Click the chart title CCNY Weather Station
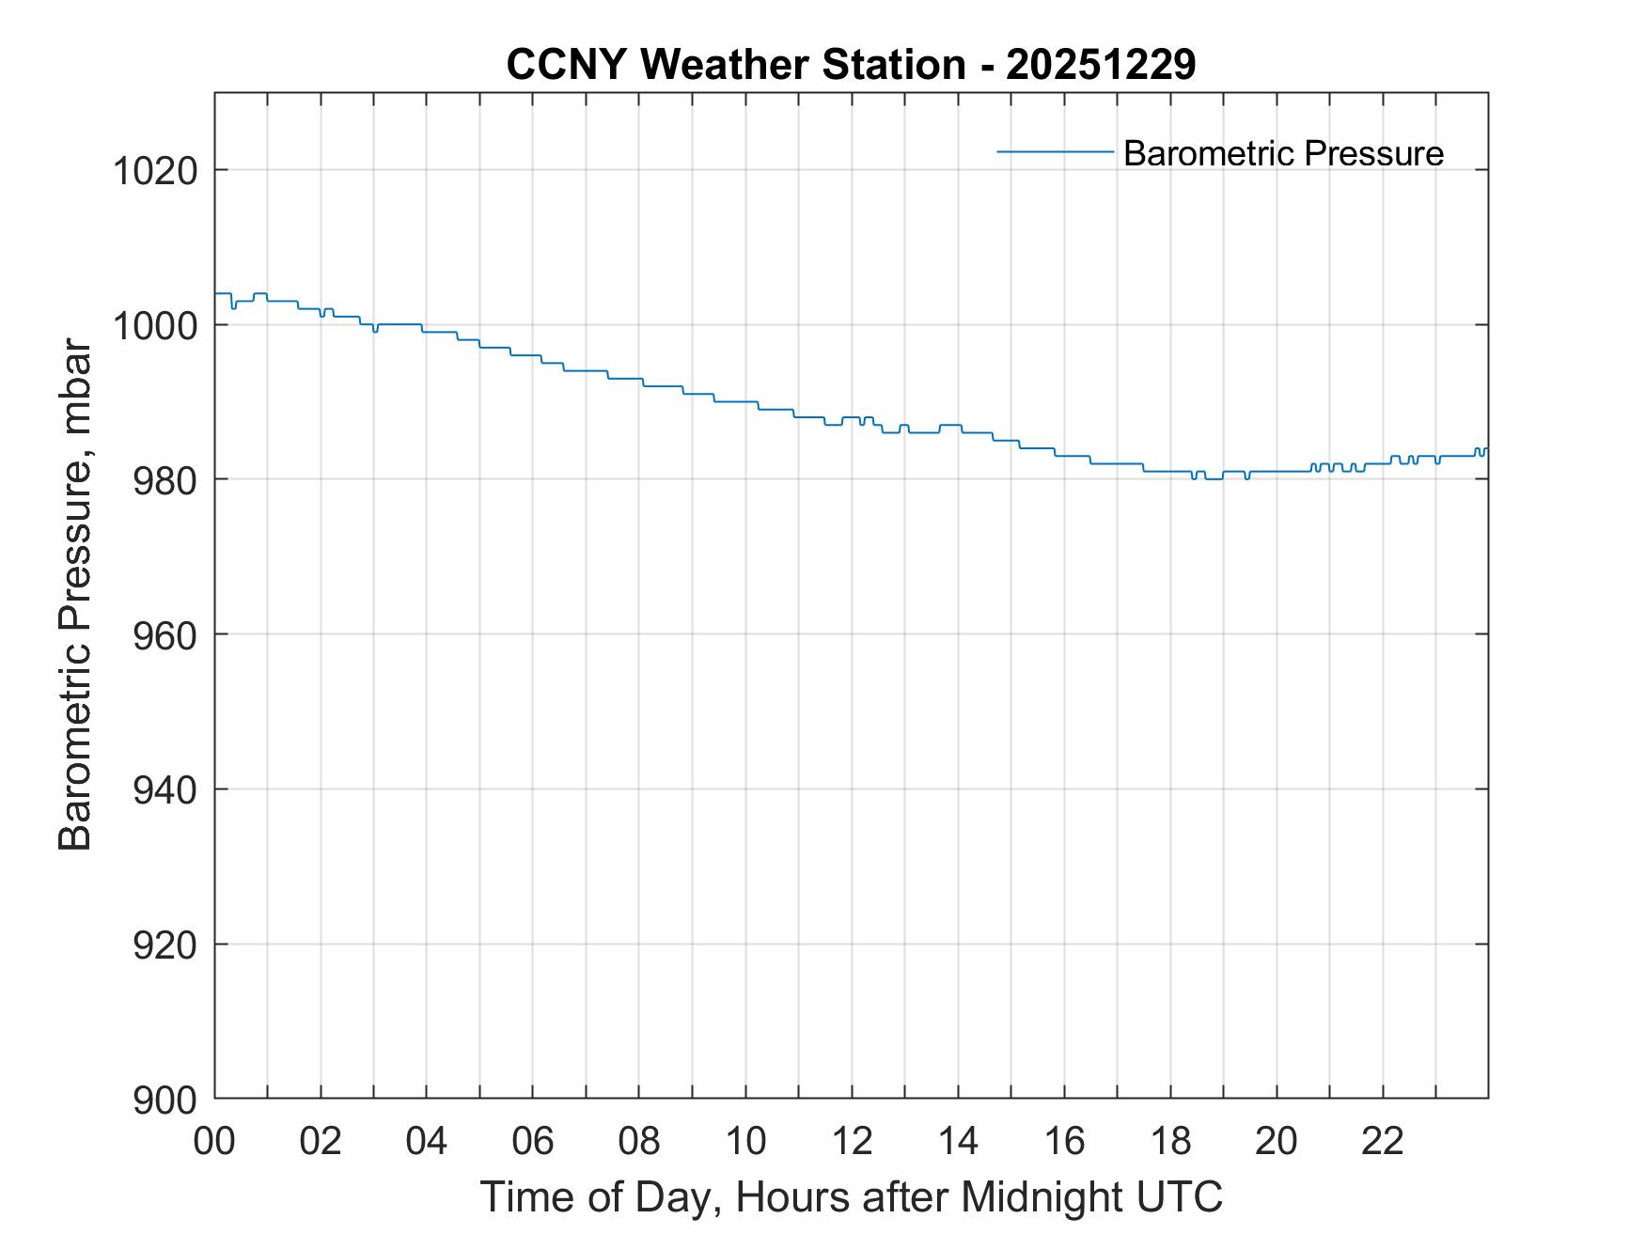(735, 65)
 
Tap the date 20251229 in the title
(1100, 65)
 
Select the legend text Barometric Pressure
(1283, 153)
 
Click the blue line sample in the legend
(1055, 151)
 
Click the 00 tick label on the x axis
(214, 1141)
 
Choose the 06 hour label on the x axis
(533, 1141)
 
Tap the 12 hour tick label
(852, 1141)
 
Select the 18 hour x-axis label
(1170, 1141)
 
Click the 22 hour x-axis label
(1383, 1141)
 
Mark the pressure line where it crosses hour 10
(745, 402)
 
